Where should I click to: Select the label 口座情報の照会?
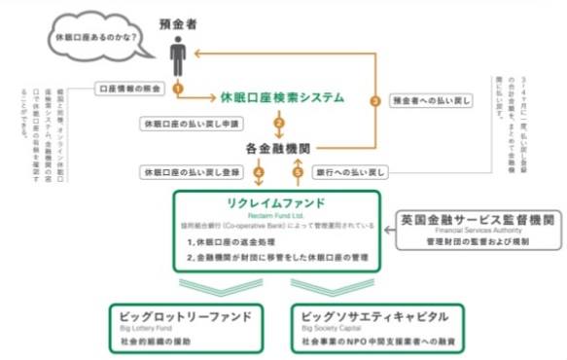coord(132,88)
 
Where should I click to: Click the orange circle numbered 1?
coord(178,88)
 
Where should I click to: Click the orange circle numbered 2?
coord(280,124)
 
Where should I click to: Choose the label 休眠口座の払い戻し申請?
coord(194,124)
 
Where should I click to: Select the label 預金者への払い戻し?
coord(432,99)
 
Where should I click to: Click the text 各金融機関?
coord(280,149)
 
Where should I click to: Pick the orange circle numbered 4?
coord(259,173)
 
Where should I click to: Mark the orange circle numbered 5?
coord(298,173)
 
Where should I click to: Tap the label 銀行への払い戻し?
coord(350,172)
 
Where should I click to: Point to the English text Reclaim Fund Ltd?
coord(280,214)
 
